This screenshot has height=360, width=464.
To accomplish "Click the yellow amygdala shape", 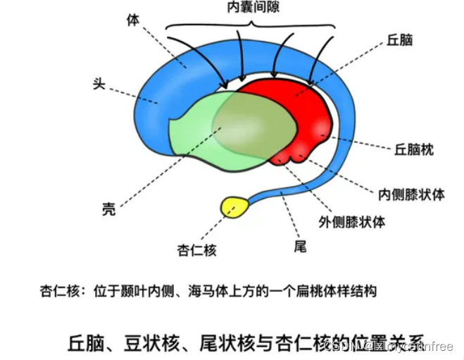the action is (x=234, y=206).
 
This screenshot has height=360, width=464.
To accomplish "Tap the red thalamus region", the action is (x=296, y=113).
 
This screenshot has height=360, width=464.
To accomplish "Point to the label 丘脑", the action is (x=399, y=40).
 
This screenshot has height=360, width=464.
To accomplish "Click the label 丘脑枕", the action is (x=413, y=149).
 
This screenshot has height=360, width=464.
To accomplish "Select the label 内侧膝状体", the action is (x=412, y=194).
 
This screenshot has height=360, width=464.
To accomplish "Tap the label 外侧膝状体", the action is (x=361, y=221).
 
